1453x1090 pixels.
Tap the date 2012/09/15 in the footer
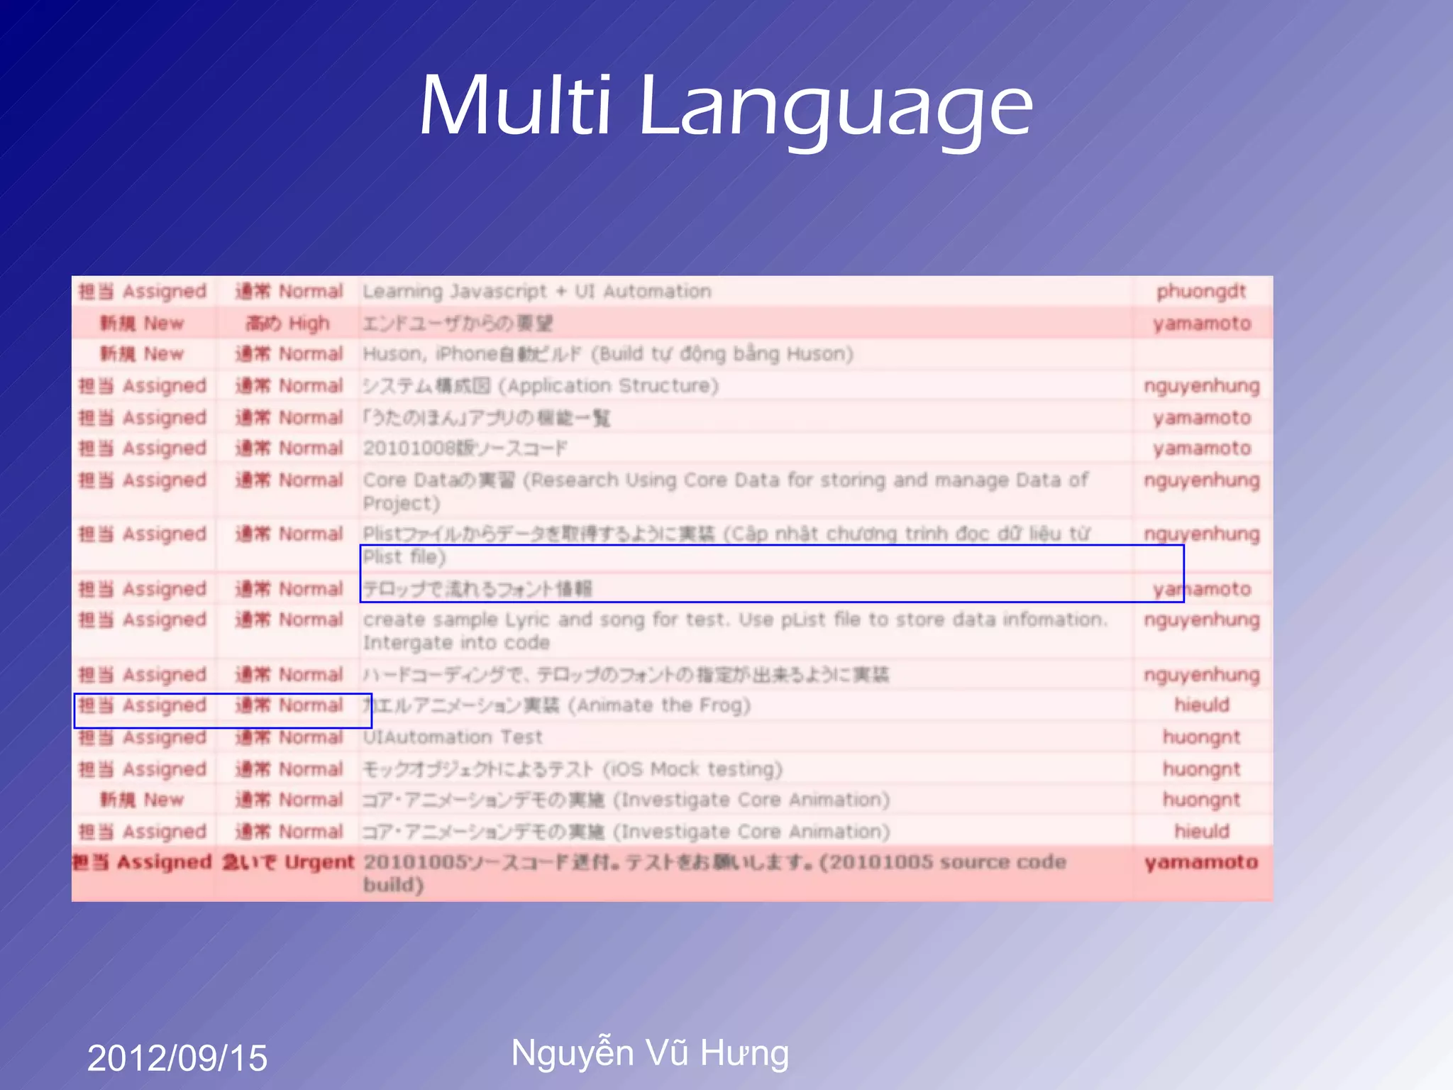coord(177,1058)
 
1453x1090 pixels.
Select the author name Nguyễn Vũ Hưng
coord(650,1052)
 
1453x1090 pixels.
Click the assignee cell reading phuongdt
coord(1201,292)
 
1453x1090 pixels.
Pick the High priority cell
coord(288,324)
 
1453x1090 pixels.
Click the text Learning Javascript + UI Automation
coord(537,292)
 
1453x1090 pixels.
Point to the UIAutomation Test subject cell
coord(453,737)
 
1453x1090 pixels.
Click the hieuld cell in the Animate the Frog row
coord(1201,705)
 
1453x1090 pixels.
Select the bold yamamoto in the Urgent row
coord(1201,863)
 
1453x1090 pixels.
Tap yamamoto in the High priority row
coord(1201,324)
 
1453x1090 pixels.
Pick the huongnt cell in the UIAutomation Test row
coord(1201,737)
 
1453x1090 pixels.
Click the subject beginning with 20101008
coord(465,448)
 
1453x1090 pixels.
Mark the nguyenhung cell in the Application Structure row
coord(1201,386)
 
